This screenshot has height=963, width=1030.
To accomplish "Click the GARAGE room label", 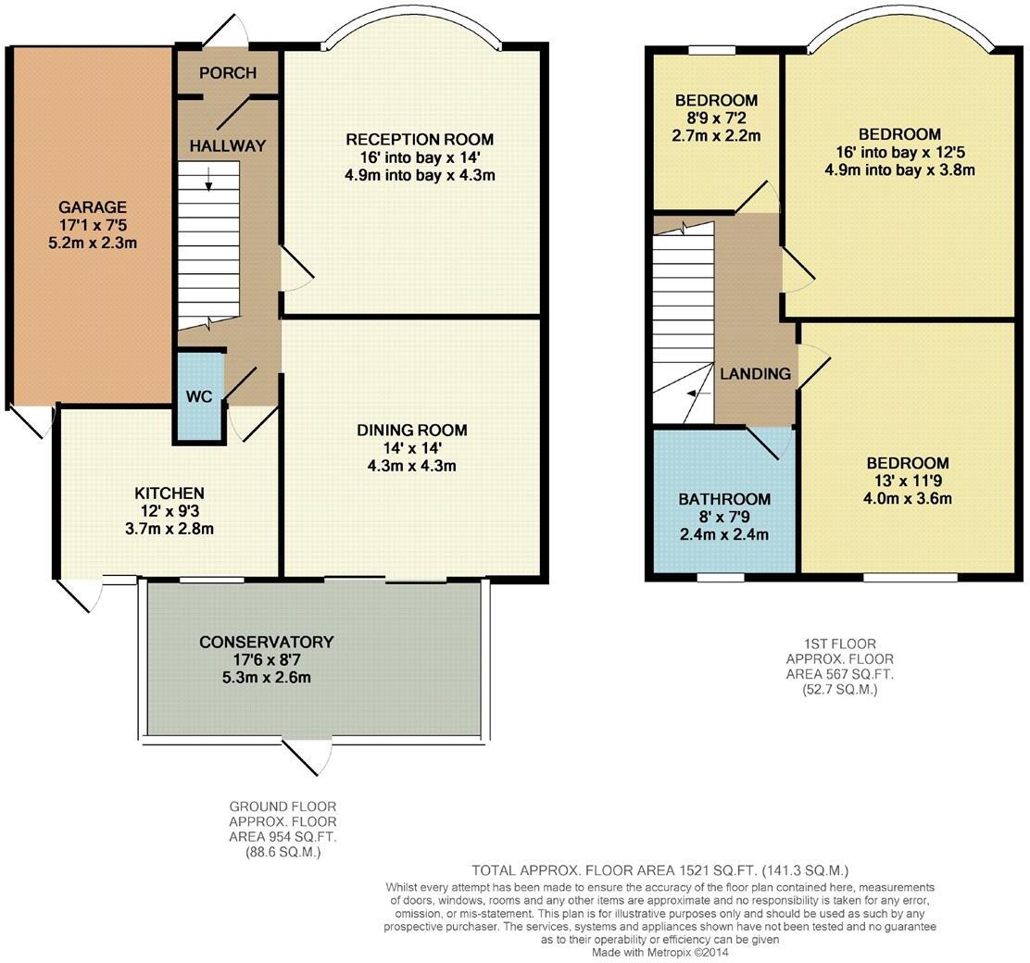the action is (93, 206).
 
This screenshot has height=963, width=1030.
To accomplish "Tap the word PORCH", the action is (227, 72).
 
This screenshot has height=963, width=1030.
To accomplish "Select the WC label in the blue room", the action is (199, 396).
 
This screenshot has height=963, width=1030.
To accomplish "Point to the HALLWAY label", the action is (227, 145).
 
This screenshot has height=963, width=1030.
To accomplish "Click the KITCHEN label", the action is (170, 493).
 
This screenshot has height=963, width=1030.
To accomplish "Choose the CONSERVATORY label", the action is (267, 642).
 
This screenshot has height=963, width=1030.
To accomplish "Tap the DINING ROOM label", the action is (412, 431).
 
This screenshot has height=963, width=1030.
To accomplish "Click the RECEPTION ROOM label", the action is (420, 139).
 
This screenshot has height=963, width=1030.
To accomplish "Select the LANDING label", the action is (756, 374).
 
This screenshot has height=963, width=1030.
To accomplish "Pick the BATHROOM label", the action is (724, 499).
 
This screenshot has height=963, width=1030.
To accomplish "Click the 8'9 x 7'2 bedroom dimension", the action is (716, 119).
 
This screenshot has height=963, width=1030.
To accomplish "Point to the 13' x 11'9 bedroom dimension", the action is (908, 481).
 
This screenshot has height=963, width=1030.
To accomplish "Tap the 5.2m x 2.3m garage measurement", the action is (93, 243).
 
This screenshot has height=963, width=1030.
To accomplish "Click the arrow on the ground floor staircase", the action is (209, 179).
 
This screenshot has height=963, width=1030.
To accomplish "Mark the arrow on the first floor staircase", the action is (699, 394).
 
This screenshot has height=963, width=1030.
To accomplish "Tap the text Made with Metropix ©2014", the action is (660, 952).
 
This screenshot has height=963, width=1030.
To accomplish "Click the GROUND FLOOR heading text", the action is (283, 806).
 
